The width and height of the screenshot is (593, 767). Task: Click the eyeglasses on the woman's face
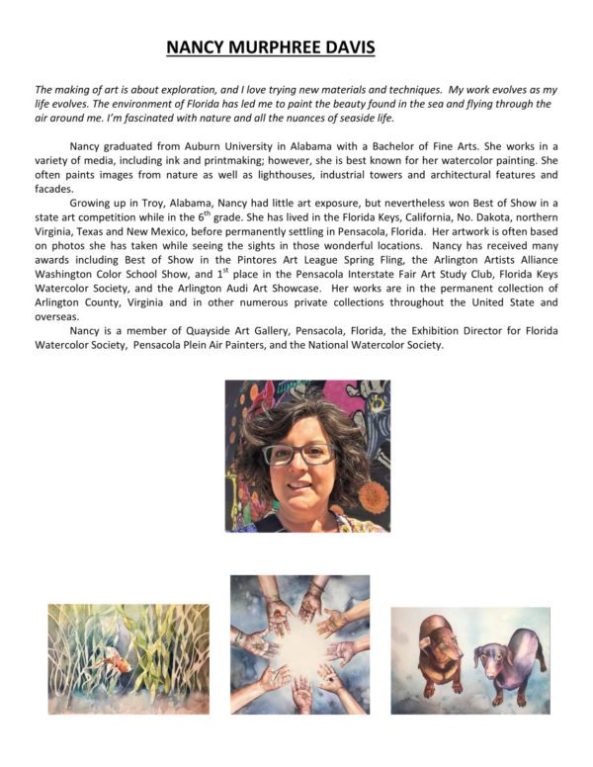pos(300,454)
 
